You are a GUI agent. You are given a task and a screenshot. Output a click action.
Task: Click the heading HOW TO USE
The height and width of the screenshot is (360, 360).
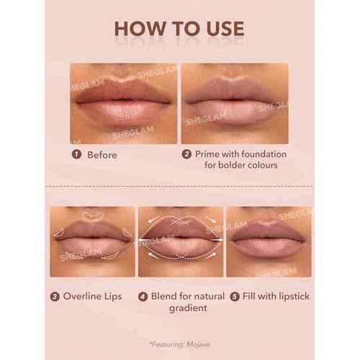(x=179, y=30)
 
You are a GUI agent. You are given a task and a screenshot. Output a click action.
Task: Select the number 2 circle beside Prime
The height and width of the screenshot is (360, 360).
(x=186, y=154)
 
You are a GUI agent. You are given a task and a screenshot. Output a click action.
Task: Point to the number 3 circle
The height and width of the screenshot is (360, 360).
(x=55, y=295)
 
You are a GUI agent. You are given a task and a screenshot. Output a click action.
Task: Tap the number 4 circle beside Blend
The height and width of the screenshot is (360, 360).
(x=143, y=295)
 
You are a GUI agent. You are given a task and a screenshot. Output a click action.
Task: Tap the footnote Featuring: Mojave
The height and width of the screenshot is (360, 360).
(x=179, y=344)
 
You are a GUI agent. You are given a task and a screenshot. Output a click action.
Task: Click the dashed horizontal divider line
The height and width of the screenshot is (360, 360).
(x=179, y=186)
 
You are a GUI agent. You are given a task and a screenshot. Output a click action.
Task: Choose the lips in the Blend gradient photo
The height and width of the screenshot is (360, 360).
(x=180, y=238)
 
